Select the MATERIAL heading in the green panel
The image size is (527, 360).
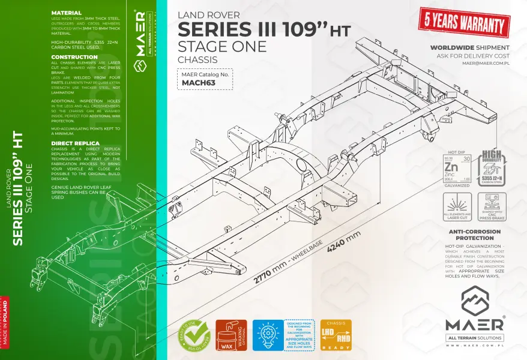[67, 13]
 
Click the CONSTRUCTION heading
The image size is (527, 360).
[74, 57]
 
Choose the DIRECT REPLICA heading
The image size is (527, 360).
[75, 143]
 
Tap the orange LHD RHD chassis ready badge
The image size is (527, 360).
[336, 335]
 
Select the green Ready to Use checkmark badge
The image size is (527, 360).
[192, 335]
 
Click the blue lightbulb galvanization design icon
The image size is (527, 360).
[267, 335]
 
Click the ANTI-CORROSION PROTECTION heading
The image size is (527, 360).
[475, 235]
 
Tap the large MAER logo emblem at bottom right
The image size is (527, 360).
[474, 301]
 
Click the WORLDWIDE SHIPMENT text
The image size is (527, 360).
[470, 47]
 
